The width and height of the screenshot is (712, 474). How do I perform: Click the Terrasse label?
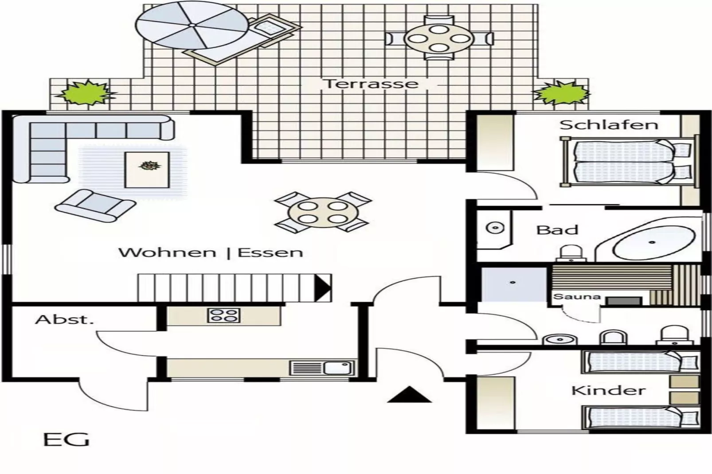tap(371, 84)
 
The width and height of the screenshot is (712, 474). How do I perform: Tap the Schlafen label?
tap(608, 125)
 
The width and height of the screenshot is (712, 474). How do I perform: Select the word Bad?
tap(557, 230)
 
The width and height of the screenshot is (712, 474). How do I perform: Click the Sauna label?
tap(577, 297)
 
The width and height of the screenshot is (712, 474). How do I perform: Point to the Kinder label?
tap(608, 391)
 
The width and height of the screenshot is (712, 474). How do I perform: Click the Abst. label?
tap(65, 319)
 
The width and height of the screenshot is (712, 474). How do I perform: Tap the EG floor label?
tap(67, 439)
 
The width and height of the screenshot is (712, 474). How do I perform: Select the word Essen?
tap(270, 253)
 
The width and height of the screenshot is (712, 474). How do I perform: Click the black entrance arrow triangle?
tap(409, 395)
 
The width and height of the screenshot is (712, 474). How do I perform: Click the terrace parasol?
tap(192, 25)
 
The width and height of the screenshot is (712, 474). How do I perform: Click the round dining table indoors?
tap(323, 212)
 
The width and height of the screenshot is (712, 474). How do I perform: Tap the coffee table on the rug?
tap(147, 169)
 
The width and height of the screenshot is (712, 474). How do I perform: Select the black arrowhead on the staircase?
tap(323, 287)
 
